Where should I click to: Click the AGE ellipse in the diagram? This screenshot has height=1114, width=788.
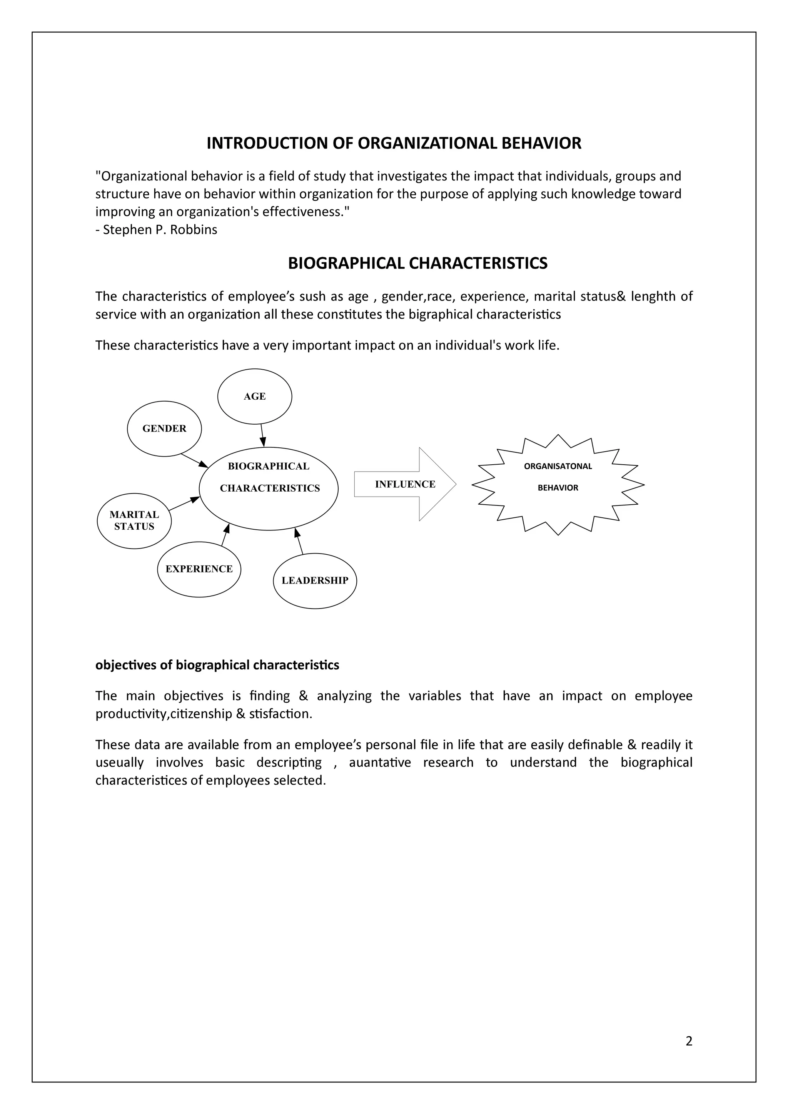point(254,397)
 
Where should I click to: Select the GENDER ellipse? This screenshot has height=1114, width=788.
point(164,429)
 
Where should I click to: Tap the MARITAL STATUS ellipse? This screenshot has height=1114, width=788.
point(134,520)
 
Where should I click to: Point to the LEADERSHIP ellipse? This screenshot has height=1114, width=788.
point(314,580)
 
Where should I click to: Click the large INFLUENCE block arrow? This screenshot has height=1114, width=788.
point(405,484)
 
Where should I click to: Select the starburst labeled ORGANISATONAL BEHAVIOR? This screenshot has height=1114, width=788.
point(558,484)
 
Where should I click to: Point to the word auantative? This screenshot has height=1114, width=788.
point(379,762)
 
